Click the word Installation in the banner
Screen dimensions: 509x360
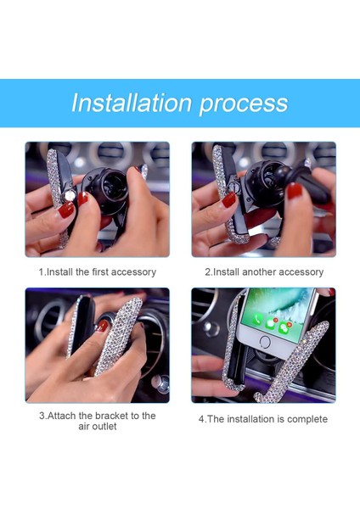(132, 103)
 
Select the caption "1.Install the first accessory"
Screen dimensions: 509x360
(97, 272)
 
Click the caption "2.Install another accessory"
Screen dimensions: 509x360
(263, 272)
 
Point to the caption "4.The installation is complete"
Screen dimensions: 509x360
(263, 419)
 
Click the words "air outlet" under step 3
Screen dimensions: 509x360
(97, 427)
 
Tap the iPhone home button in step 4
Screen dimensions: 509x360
(264, 341)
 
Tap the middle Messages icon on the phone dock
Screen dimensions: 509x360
(271, 323)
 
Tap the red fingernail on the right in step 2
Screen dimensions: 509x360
(295, 192)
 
